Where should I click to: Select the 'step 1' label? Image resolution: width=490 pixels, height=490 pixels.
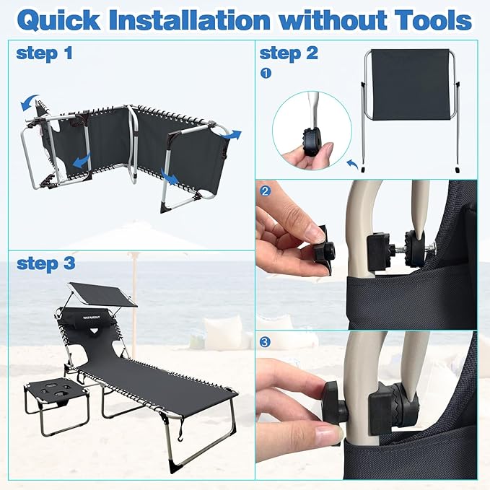[x=44, y=53]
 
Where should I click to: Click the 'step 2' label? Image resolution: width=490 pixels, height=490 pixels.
[x=289, y=53]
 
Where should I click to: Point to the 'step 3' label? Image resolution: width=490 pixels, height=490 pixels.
[x=46, y=263]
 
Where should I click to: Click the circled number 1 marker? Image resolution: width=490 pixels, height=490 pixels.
[x=266, y=74]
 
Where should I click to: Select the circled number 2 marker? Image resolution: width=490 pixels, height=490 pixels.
[x=266, y=191]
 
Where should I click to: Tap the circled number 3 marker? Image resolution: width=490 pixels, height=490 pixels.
[x=266, y=342]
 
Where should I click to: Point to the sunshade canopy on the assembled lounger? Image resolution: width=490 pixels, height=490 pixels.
[x=103, y=294]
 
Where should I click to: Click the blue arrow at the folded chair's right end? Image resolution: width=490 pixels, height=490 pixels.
[x=231, y=135]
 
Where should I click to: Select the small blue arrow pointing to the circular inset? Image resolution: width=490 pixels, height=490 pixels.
[x=353, y=164]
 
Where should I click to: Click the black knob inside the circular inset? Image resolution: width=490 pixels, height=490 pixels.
[x=311, y=142]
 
